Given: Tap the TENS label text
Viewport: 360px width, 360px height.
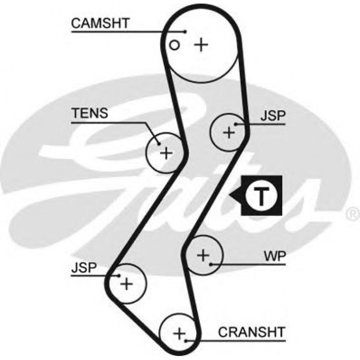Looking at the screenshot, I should point(89,114).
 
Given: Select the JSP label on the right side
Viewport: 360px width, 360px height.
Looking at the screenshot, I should point(273,116).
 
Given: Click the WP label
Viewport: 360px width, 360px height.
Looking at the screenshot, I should point(275,257).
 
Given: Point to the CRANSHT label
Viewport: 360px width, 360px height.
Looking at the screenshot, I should point(251,332).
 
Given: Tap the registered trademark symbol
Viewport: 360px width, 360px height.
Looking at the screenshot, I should point(352,215).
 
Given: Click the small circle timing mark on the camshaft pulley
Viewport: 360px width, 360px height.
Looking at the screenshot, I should point(176,45).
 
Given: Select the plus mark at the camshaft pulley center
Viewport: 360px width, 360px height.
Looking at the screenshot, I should point(201,44).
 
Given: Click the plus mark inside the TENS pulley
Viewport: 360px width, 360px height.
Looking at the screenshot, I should point(166,153).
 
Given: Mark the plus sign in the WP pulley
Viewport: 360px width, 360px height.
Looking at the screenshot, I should point(203,255).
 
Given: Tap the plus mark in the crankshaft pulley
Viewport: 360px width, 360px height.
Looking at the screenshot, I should point(179,333).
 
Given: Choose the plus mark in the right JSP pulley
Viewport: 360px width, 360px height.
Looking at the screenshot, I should point(229,132).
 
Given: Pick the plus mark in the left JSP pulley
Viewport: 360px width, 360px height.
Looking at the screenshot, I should point(127,284).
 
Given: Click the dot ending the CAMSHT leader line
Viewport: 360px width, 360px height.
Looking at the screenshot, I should point(185,31).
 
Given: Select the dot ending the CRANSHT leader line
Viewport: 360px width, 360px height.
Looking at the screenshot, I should point(185,341).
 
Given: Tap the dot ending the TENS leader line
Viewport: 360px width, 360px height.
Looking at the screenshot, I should point(159,144).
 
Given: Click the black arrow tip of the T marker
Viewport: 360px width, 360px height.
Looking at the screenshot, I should point(230,195).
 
